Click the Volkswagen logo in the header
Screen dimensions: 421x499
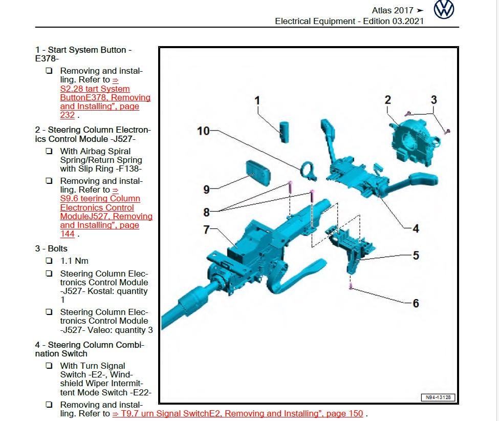click(x=444, y=10)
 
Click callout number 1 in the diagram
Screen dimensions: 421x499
click(x=257, y=100)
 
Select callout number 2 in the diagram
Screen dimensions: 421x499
click(x=388, y=100)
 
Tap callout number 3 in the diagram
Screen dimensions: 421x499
click(x=433, y=100)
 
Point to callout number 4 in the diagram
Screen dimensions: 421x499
click(x=416, y=228)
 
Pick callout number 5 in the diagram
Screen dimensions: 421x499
click(x=416, y=255)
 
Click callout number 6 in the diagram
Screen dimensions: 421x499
click(x=416, y=303)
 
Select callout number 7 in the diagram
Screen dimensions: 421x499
click(x=207, y=230)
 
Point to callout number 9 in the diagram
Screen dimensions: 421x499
click(x=207, y=190)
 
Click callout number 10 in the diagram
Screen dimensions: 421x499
click(x=203, y=131)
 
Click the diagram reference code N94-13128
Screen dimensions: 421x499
click(x=438, y=397)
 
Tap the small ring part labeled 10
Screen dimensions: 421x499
click(x=309, y=170)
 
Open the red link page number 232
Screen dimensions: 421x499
click(x=67, y=115)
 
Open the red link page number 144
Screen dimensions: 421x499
click(x=67, y=234)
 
